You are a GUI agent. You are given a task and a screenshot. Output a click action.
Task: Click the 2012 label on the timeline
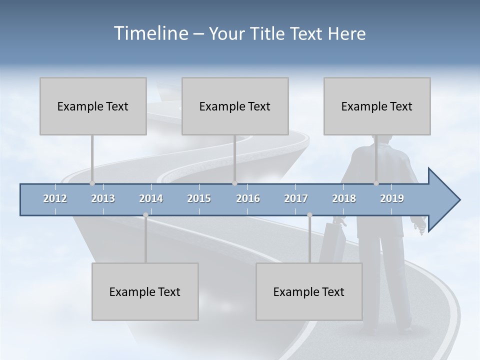pyautogui.click(x=55, y=198)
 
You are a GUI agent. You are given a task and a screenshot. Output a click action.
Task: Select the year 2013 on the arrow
pyautogui.click(x=103, y=198)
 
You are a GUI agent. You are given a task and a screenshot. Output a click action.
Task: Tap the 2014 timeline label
pyautogui.click(x=151, y=198)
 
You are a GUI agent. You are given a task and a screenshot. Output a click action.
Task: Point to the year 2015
pyautogui.click(x=199, y=198)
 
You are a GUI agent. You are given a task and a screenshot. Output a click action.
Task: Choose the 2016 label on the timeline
pyautogui.click(x=248, y=198)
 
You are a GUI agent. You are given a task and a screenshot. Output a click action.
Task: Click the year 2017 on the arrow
pyautogui.click(x=296, y=198)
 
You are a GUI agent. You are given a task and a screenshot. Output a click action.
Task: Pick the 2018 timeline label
pyautogui.click(x=344, y=198)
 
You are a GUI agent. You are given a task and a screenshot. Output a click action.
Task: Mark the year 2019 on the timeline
pyautogui.click(x=392, y=198)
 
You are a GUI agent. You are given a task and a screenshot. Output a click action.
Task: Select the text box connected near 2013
pyautogui.click(x=93, y=106)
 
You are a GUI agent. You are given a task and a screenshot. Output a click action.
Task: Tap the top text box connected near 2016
pyautogui.click(x=235, y=106)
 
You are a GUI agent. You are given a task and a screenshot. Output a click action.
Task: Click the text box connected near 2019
pyautogui.click(x=377, y=106)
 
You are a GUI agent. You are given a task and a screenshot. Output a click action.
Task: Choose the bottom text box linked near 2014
pyautogui.click(x=145, y=291)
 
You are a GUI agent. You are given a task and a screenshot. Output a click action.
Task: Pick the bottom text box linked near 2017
pyautogui.click(x=309, y=291)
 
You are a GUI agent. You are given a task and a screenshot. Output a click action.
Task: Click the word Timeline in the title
pyautogui.click(x=150, y=33)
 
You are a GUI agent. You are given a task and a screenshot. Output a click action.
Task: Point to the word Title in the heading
pyautogui.click(x=269, y=34)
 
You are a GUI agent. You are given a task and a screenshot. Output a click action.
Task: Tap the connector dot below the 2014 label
pyautogui.click(x=145, y=215)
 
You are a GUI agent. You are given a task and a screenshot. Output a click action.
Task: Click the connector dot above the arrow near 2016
pyautogui.click(x=234, y=183)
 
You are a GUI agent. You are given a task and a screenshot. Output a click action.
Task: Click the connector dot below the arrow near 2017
pyautogui.click(x=309, y=215)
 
